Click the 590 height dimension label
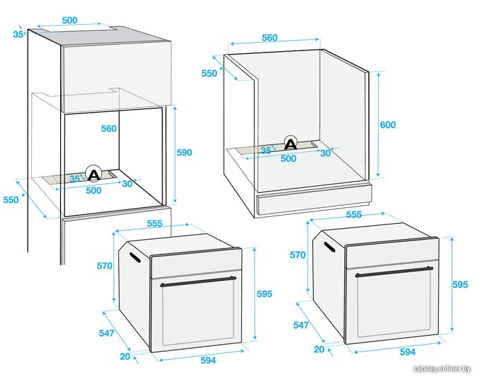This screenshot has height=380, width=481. (x=185, y=153)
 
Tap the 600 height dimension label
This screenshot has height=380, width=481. (x=388, y=125)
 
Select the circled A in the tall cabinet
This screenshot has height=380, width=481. (x=93, y=174)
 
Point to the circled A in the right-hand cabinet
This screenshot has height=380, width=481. (x=290, y=143)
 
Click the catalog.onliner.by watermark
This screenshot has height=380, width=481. (x=442, y=369)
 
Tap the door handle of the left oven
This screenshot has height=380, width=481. (x=198, y=282)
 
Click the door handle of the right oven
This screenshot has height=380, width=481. (x=394, y=272)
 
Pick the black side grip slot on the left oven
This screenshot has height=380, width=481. (x=135, y=258)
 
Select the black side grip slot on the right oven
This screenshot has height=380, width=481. (x=330, y=247)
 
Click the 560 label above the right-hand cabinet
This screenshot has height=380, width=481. (x=270, y=38)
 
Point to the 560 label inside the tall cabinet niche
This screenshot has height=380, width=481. (x=109, y=129)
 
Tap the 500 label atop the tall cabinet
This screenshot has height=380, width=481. (x=70, y=20)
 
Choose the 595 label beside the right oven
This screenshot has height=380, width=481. (x=460, y=285)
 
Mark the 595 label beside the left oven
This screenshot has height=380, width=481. (x=265, y=294)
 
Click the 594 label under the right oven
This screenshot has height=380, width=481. (x=408, y=352)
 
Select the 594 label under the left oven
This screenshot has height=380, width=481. (x=208, y=360)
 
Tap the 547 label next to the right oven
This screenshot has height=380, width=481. (x=301, y=325)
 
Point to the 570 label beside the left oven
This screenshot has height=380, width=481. (x=104, y=265)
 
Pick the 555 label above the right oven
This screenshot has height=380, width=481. (x=354, y=214)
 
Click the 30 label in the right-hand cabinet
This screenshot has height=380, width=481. (x=326, y=153)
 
